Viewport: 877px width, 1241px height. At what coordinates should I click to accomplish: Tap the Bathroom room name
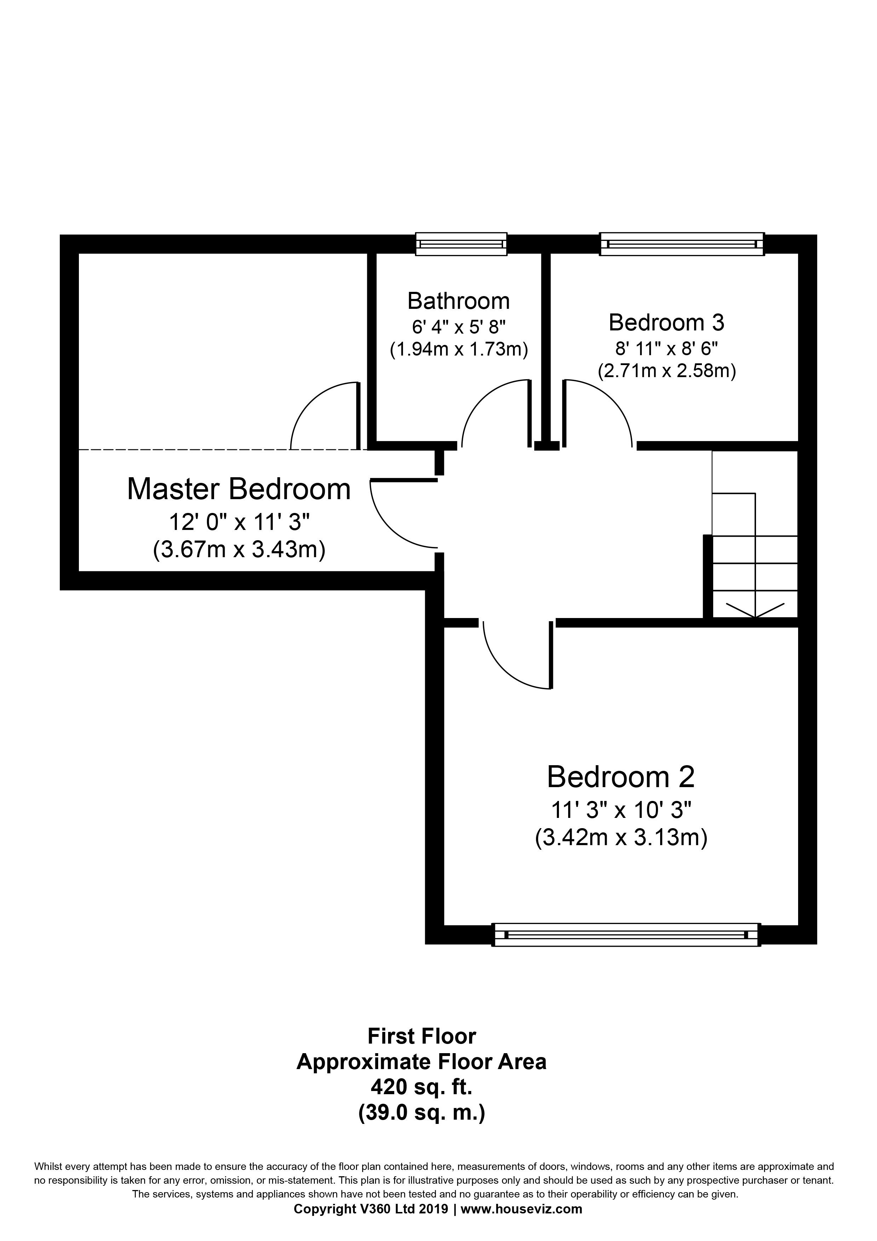(458, 301)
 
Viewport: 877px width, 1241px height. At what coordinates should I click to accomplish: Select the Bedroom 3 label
(666, 323)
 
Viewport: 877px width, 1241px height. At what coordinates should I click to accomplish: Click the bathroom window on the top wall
(461, 244)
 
